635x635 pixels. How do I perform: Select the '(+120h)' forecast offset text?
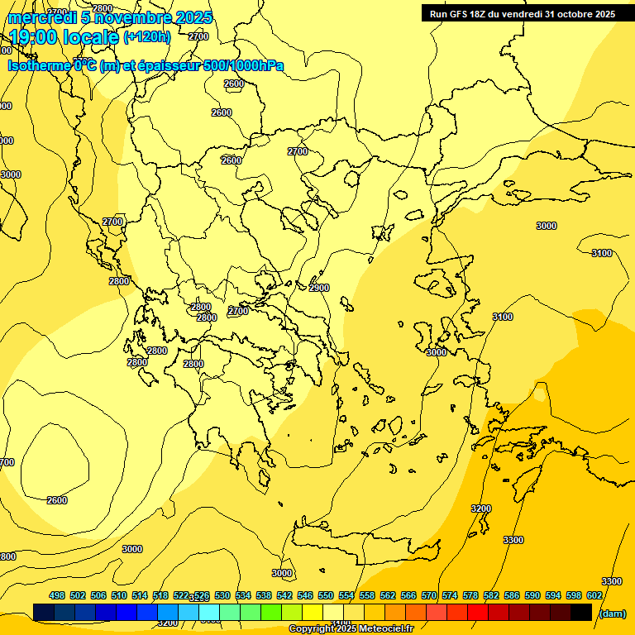tap(147, 37)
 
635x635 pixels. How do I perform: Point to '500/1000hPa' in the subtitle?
tap(245, 65)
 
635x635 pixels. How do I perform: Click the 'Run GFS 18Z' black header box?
tap(521, 13)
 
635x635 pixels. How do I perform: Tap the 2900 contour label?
tap(319, 288)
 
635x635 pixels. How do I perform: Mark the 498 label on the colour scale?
tap(57, 595)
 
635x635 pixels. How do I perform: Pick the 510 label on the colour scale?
tap(119, 595)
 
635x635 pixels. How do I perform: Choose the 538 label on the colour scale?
tap(264, 595)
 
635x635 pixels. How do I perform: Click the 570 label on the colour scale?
tap(429, 595)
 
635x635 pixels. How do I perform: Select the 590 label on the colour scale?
tap(532, 595)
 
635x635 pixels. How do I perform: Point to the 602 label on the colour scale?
tap(594, 595)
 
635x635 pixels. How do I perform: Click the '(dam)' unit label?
tap(613, 614)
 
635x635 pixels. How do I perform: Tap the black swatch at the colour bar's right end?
tap(581, 612)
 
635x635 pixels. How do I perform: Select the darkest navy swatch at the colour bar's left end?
tap(44, 612)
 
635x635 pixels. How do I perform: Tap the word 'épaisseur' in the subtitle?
tap(162, 65)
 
